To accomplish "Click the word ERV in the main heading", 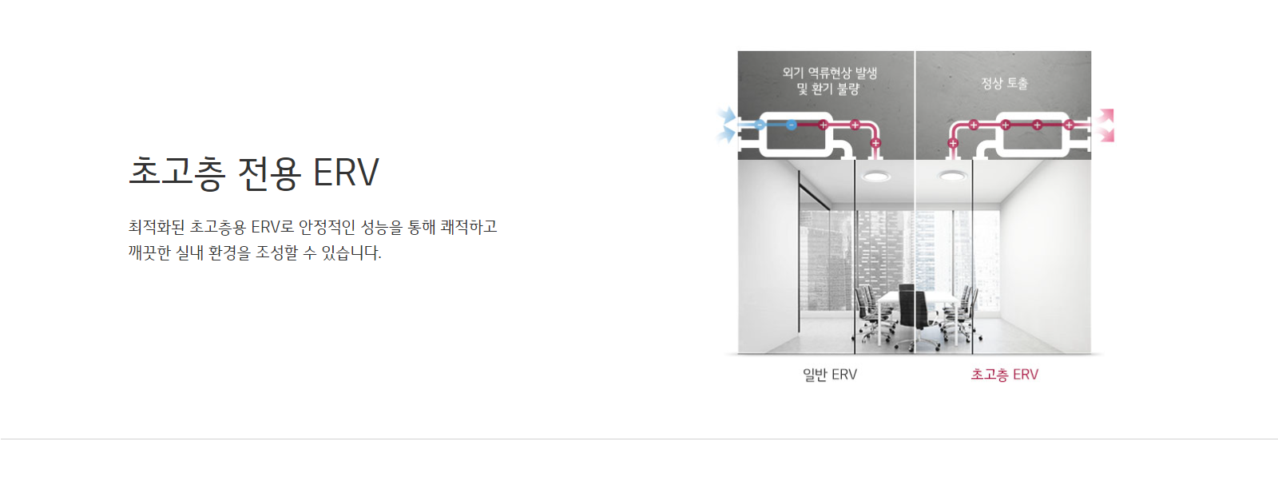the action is (347, 173).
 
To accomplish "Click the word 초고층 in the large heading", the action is (177, 173).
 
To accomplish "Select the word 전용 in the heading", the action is (269, 173).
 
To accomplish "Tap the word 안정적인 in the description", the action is (327, 227).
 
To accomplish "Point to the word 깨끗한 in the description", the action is (149, 252).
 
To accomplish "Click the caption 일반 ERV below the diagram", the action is (830, 374).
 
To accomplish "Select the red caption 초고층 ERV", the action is (1005, 374).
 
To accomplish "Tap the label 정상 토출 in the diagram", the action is (1004, 83).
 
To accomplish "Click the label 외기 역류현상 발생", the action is (830, 73).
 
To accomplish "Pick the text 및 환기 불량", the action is (828, 89).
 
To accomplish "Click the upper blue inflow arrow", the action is (728, 117).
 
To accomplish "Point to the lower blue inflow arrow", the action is (726, 135).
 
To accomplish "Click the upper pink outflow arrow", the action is (1107, 116).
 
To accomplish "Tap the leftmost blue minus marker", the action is (760, 125).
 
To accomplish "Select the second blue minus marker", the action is (791, 125).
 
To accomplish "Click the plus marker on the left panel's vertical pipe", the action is (875, 143).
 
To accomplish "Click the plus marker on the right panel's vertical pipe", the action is (953, 143).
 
